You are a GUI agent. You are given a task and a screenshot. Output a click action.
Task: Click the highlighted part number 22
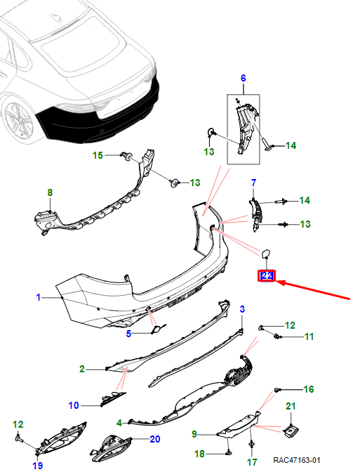click(x=267, y=275)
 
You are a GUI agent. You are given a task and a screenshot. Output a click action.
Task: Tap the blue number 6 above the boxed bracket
click(x=243, y=78)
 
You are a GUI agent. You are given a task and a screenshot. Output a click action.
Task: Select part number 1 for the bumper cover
click(x=38, y=297)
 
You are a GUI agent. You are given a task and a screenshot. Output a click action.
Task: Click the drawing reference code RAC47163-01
click(x=297, y=460)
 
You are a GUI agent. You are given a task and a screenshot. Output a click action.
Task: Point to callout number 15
click(x=98, y=155)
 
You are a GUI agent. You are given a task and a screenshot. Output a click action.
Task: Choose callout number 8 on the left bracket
click(x=50, y=192)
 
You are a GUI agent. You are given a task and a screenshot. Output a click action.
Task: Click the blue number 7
click(x=253, y=183)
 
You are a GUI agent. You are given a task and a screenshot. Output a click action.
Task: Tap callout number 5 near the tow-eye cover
click(x=128, y=334)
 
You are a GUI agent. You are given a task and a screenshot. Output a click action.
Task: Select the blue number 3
click(x=242, y=309)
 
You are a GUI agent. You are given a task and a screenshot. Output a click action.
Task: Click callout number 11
click(x=309, y=336)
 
